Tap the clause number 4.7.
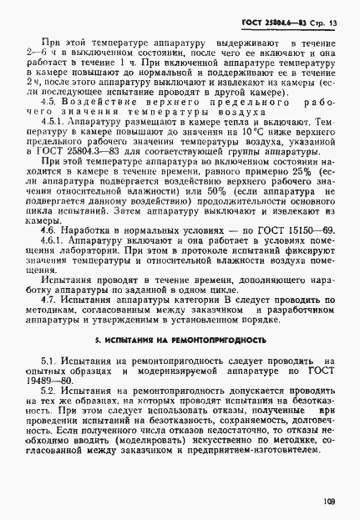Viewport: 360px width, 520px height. [x=55, y=298]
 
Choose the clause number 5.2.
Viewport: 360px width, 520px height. [x=54, y=391]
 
